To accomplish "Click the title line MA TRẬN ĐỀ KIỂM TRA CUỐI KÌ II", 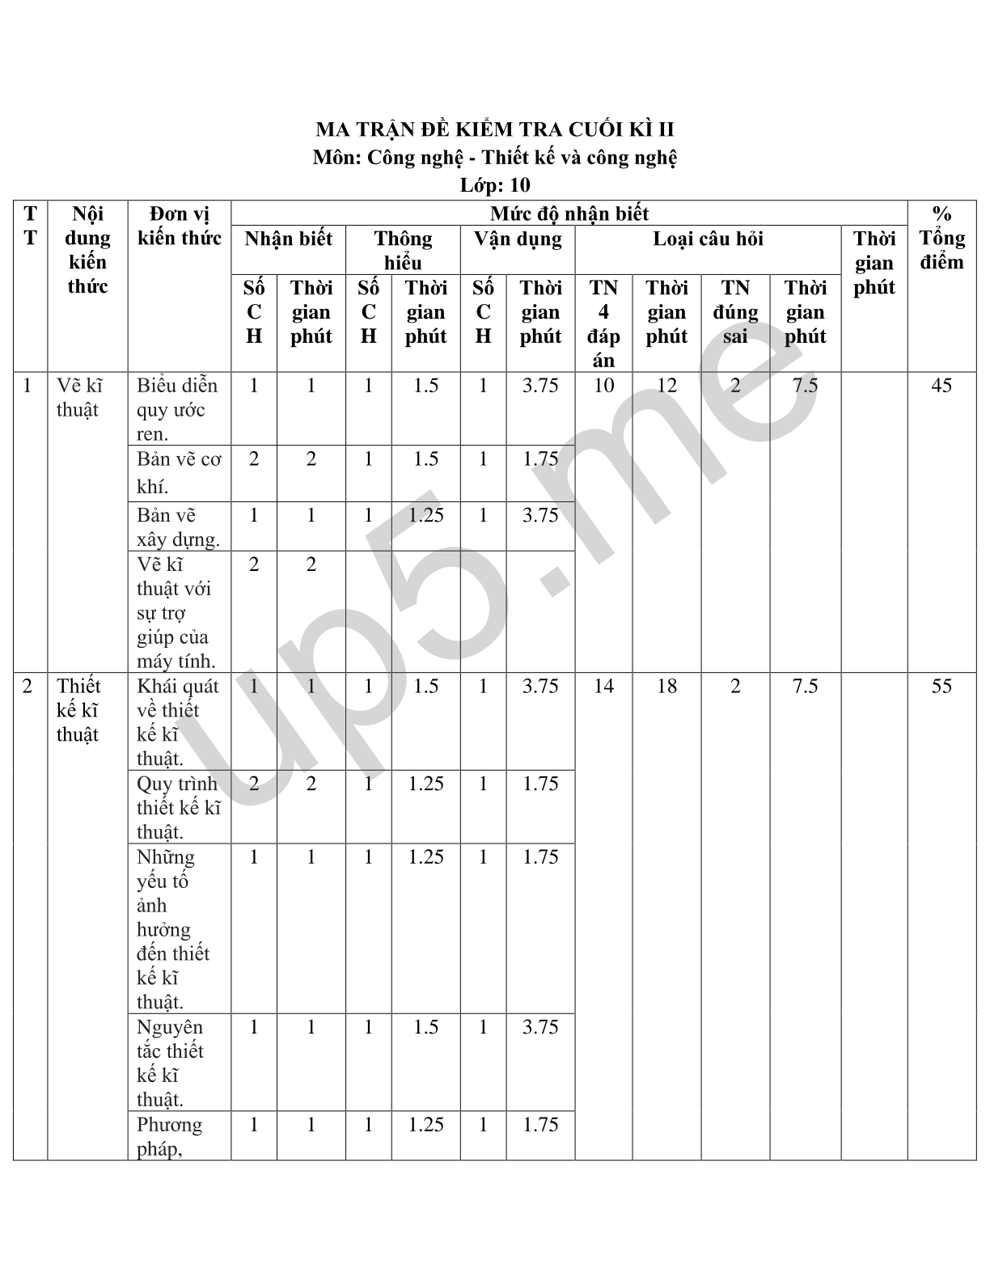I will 494,130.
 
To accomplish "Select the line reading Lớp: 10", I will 494,185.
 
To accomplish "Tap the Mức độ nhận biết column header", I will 569,213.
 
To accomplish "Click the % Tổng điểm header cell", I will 941,238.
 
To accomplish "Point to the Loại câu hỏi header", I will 708,239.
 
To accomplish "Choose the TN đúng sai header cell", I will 734,312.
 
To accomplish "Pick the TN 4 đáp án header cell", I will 603,323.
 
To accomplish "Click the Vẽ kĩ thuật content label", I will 79,397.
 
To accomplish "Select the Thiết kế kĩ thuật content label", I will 78,710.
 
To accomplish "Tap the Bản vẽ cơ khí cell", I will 179,472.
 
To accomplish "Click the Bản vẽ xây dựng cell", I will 178,527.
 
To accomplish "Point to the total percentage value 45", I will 941,386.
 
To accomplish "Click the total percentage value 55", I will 941,687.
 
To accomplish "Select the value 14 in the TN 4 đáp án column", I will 603,687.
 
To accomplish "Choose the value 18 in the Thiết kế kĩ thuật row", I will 666,687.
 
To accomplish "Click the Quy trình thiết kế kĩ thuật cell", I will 178,807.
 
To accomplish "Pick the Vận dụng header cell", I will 518,239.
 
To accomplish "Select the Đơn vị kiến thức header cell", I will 179,226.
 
